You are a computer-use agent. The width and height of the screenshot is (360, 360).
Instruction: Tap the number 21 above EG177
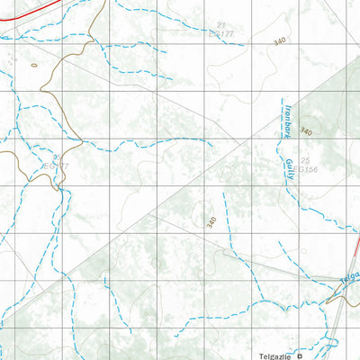pyautogui.click(x=220, y=27)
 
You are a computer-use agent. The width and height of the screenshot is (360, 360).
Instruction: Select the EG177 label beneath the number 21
pyautogui.click(x=220, y=36)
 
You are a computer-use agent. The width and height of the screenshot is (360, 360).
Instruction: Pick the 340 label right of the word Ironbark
pyautogui.click(x=306, y=131)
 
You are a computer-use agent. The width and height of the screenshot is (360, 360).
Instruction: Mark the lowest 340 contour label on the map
pyautogui.click(x=211, y=222)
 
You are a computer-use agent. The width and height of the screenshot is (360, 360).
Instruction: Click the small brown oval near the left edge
pyautogui.click(x=34, y=65)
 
